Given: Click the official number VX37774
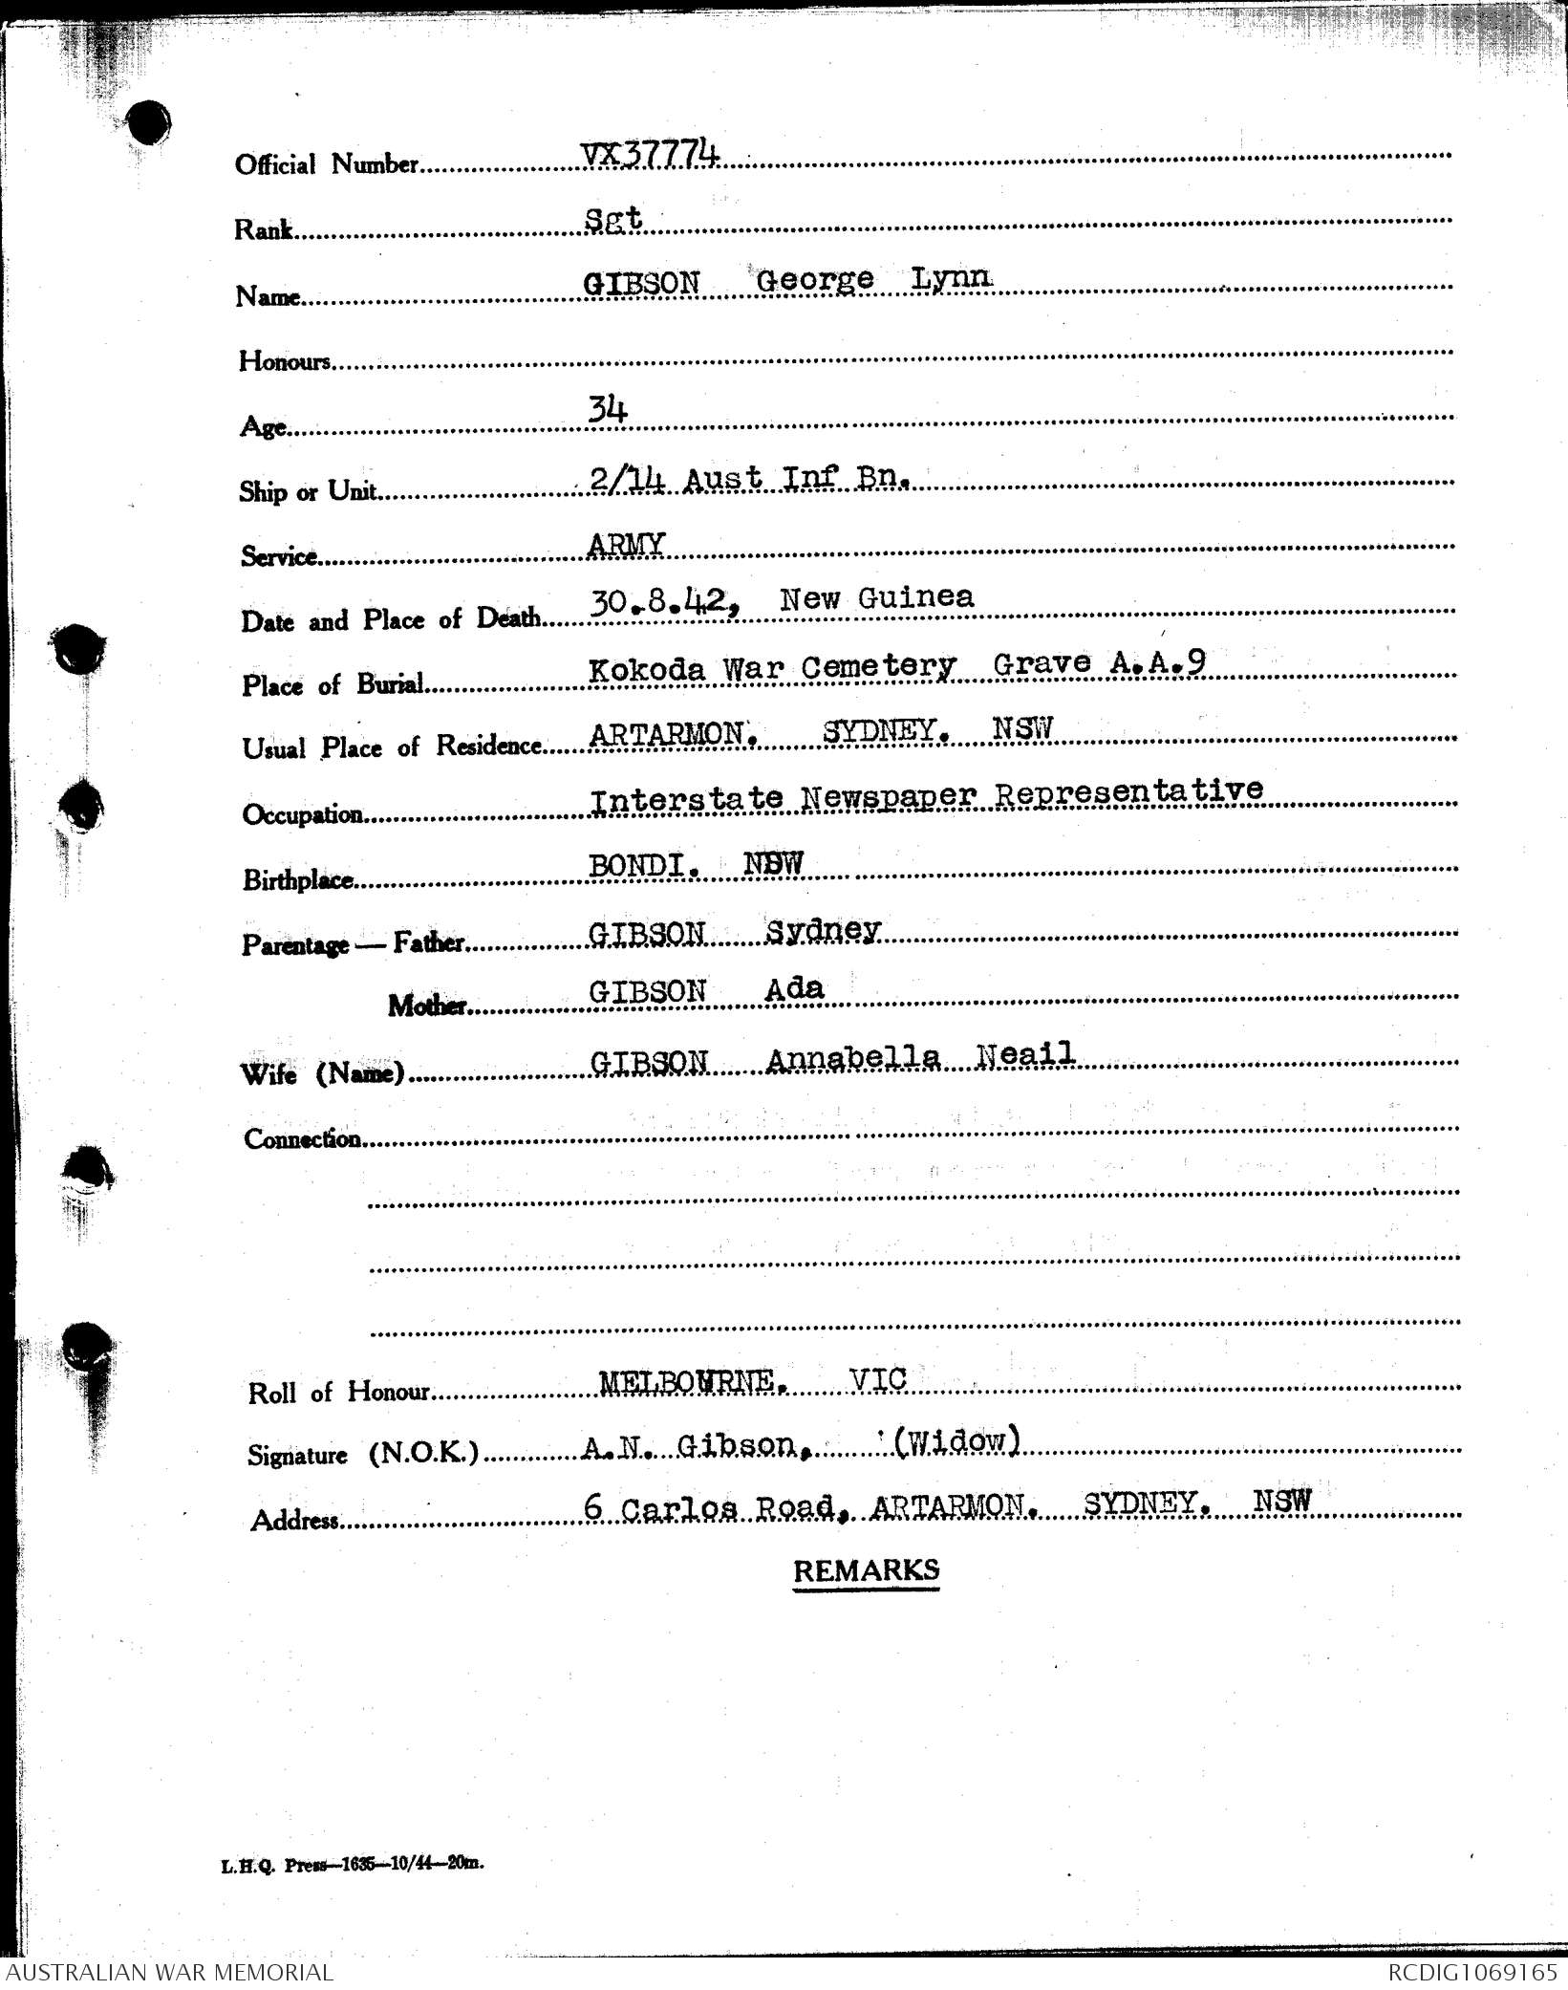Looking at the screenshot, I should [650, 154].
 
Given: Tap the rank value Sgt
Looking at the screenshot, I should [612, 219].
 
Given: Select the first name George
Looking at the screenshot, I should [814, 280].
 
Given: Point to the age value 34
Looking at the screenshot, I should [608, 411].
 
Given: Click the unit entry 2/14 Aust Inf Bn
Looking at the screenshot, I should [748, 477].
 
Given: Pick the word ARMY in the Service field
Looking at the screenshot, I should [626, 544].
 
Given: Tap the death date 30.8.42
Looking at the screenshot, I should [665, 602].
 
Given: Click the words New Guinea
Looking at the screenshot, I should [876, 598].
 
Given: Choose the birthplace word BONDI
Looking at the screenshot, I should [648, 865].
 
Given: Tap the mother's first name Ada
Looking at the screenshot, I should [794, 988].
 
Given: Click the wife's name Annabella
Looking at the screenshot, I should [853, 1058].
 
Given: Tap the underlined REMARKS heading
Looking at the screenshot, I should [866, 1570].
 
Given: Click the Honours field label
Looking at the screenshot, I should [285, 361].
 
